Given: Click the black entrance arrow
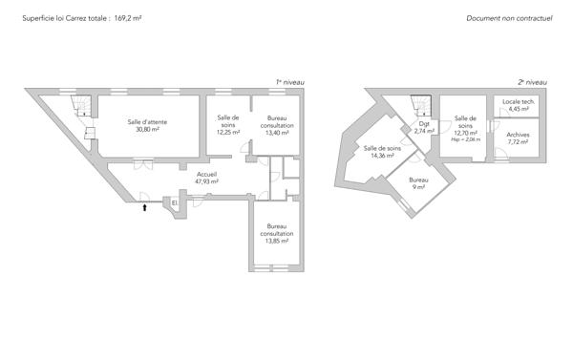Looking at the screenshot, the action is click(145, 207).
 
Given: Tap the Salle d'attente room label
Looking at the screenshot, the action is click(147, 121).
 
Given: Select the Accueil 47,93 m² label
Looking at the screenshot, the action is click(207, 178).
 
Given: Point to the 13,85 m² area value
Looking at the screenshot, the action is click(277, 241).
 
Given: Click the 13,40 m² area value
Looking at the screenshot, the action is click(277, 133).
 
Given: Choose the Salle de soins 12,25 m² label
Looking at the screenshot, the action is click(228, 125).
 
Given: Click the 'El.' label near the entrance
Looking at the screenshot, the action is click(175, 202).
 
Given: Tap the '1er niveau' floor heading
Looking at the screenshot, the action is click(289, 82).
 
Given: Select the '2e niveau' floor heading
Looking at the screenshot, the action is click(533, 82).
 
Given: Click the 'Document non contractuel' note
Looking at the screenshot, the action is click(509, 18).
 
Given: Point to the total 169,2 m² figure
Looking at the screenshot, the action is click(128, 18).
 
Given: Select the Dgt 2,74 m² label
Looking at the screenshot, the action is click(424, 127).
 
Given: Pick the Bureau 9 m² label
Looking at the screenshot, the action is click(419, 183).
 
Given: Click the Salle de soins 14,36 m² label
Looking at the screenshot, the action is click(382, 152).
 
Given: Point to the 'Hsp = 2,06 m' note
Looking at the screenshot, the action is click(466, 139).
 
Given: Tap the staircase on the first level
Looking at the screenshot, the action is click(82, 106).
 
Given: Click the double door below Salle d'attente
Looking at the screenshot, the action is click(143, 164).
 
